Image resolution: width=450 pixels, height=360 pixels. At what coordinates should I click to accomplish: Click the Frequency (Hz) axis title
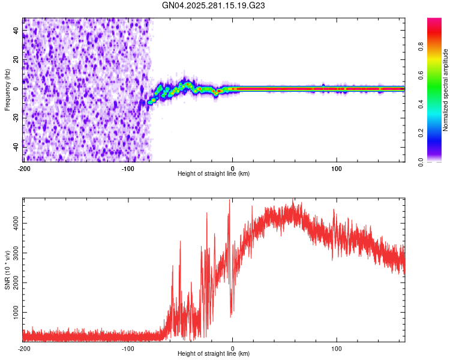click(x=7, y=89)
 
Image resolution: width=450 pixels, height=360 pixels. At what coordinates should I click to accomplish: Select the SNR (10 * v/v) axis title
click(x=7, y=271)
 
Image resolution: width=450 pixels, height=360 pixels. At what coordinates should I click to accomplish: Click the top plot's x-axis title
click(x=214, y=174)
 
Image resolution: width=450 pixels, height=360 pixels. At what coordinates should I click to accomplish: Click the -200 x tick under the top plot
click(x=24, y=168)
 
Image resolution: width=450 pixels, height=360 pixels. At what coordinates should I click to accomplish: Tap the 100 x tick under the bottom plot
click(x=337, y=348)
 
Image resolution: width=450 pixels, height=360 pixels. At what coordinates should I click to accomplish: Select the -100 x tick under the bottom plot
click(x=128, y=348)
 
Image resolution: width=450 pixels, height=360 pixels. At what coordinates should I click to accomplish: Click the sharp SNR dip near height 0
click(x=232, y=314)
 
